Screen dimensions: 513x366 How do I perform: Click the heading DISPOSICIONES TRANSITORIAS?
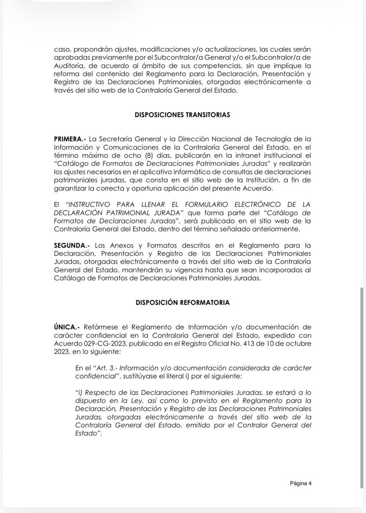pos(183,115)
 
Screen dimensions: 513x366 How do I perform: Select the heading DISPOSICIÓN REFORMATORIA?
pos(183,302)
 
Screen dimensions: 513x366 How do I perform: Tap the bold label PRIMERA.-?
pos(69,139)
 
